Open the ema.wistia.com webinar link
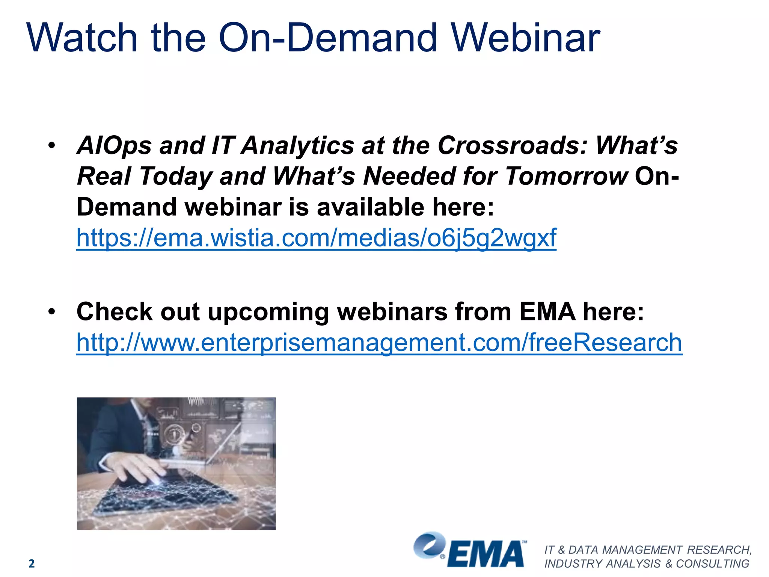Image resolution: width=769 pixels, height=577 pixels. (316, 238)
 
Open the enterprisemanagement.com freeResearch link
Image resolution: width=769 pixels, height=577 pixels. (379, 343)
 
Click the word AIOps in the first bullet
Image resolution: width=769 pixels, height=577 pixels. (114, 146)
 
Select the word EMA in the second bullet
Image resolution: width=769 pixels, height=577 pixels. (547, 312)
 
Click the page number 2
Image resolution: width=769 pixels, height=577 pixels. (32, 563)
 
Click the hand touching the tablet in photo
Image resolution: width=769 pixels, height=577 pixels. (139, 470)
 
